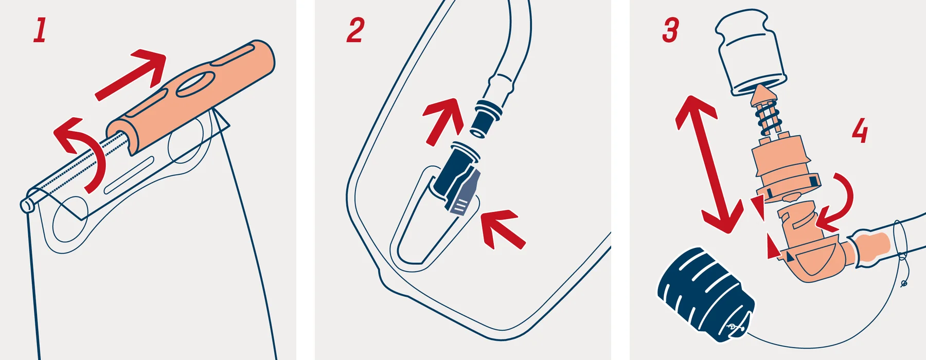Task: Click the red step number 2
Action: [355, 30]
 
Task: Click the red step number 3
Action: [671, 30]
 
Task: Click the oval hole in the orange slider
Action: [195, 84]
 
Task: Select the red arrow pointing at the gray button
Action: [502, 228]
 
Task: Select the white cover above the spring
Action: [751, 51]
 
